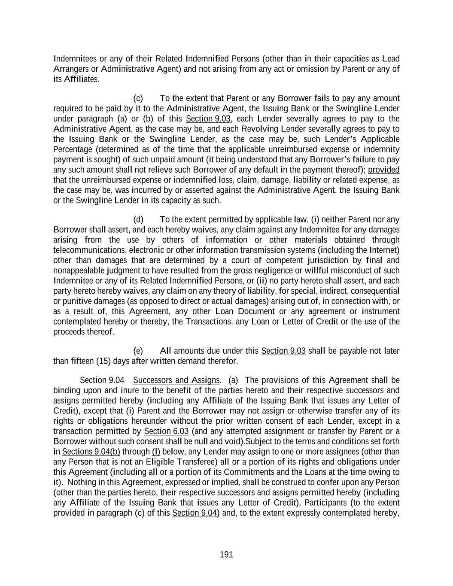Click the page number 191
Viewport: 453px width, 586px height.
click(x=226, y=555)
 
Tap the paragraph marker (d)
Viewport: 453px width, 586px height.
click(x=139, y=219)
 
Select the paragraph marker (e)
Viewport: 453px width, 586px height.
click(x=139, y=351)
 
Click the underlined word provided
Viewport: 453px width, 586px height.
click(x=383, y=170)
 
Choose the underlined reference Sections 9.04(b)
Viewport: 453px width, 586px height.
click(x=91, y=452)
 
